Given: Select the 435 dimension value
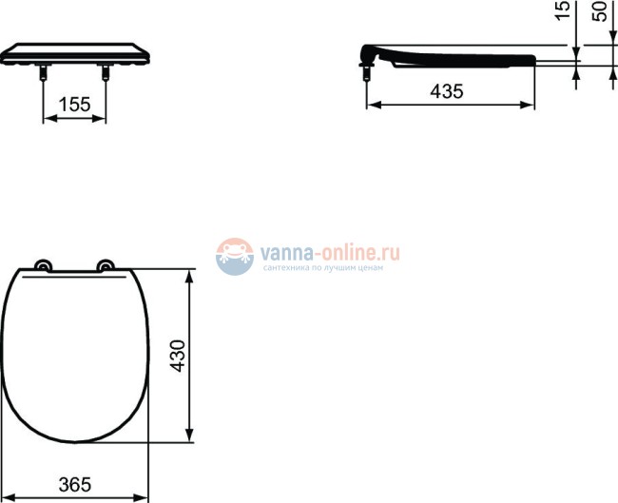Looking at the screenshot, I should [447, 92].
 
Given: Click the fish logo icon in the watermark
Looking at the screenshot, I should [234, 257].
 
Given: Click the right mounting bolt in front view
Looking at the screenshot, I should [104, 72].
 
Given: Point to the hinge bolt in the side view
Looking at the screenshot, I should [368, 70].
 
